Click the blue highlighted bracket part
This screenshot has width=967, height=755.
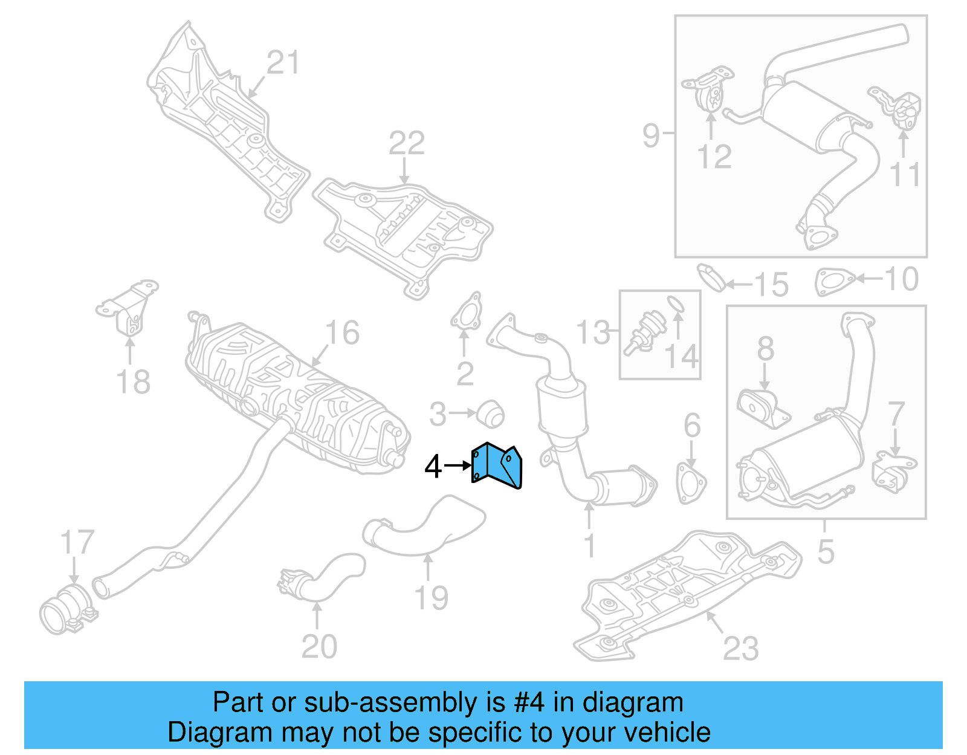496,465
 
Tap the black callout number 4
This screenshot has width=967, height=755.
433,467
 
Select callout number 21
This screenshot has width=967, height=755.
283,63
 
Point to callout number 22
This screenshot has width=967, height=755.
406,144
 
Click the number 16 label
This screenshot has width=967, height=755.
342,333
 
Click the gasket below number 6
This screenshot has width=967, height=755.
690,482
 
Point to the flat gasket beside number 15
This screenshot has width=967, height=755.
711,277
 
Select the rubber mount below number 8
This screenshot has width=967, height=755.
763,408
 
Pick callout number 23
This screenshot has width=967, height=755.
740,649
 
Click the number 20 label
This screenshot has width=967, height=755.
319,647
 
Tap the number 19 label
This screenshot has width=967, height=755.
431,598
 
